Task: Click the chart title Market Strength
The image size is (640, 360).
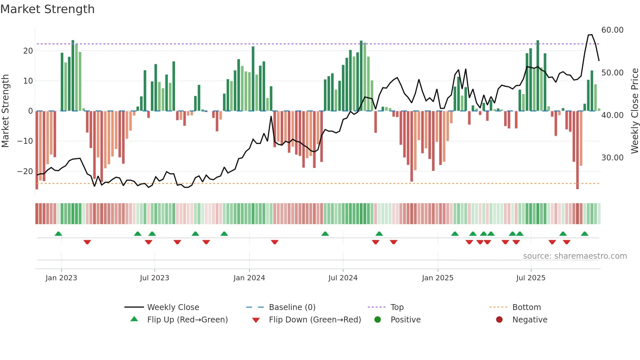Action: [47, 9]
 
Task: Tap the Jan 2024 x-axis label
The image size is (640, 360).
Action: [249, 278]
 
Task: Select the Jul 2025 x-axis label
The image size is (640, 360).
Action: [531, 278]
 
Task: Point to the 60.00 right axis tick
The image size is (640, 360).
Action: [612, 30]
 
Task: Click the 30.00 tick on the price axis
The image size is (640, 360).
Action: [612, 158]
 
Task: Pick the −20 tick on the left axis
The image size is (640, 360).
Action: [25, 172]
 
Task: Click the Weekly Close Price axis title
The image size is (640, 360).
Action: [634, 111]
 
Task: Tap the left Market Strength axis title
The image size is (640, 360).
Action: [5, 111]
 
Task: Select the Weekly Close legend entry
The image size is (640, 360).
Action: [173, 307]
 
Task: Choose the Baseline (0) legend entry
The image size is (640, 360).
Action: [292, 307]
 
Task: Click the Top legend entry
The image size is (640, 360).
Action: [397, 307]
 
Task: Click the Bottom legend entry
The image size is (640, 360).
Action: [526, 307]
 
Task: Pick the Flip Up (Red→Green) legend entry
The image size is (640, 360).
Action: [187, 320]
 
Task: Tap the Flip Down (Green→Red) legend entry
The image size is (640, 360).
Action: [315, 320]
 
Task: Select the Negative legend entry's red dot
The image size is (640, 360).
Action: [499, 320]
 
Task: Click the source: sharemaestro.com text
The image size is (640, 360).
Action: [575, 256]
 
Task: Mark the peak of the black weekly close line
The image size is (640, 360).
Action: [591, 35]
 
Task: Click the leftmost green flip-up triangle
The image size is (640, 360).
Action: [58, 234]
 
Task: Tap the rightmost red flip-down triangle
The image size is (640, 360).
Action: [567, 242]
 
